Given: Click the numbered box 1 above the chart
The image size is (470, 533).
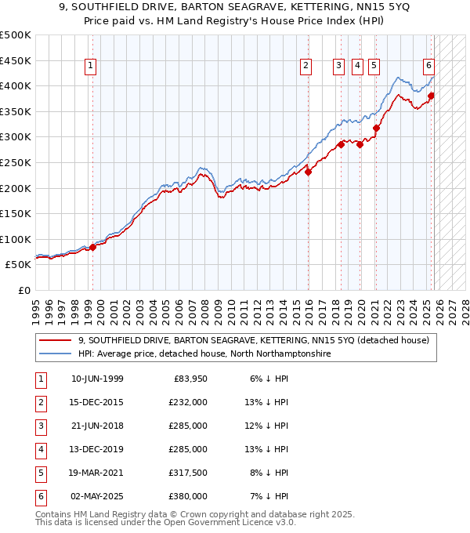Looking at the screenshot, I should [x=92, y=67].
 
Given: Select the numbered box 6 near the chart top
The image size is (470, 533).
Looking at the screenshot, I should [x=429, y=67].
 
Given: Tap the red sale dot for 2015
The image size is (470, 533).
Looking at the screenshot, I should [x=308, y=172].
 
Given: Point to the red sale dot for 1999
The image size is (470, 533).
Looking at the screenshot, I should [x=92, y=247].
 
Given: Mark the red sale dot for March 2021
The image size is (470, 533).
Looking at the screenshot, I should [x=376, y=128].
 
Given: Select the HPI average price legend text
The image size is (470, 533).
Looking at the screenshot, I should [x=204, y=354].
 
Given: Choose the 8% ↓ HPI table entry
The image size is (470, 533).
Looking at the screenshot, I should [x=272, y=473].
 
